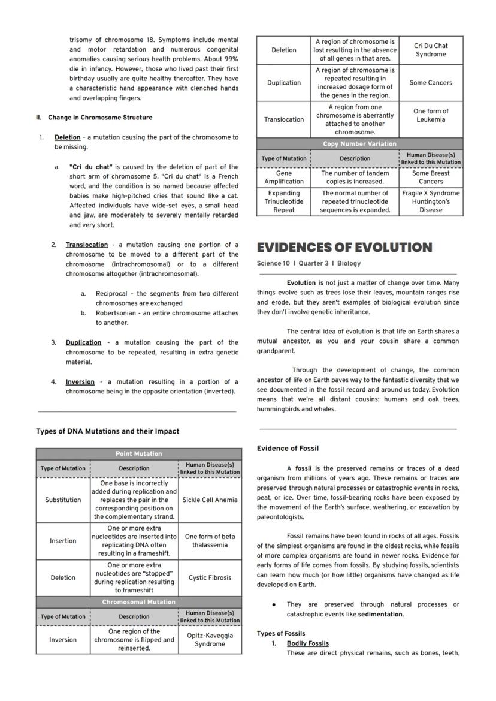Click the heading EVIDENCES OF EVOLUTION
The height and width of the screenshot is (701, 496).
(344, 248)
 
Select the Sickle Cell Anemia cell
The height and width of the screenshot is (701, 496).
(210, 500)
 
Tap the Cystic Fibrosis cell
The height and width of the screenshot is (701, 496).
(210, 578)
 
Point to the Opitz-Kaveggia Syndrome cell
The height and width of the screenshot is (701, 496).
(210, 640)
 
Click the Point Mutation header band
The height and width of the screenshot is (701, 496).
(139, 454)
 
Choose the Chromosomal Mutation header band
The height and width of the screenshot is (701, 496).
(139, 602)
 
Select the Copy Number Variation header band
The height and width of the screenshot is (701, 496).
(359, 144)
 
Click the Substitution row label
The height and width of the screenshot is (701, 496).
(63, 500)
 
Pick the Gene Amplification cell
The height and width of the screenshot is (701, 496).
(283, 177)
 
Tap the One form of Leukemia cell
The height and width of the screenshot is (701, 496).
(431, 115)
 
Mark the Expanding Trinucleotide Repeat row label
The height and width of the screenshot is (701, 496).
(283, 202)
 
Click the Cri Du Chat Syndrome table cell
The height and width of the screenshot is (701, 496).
(431, 50)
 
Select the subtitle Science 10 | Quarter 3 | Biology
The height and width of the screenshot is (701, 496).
(309, 263)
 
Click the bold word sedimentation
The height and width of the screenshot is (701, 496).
(380, 615)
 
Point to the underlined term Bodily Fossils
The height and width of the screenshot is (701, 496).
(307, 643)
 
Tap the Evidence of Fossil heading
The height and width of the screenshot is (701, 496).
(288, 449)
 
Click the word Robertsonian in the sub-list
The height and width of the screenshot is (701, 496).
(116, 313)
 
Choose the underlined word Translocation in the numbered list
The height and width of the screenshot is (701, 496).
(87, 245)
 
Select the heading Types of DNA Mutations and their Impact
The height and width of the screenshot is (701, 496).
(107, 431)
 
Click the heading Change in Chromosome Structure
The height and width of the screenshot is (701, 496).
(100, 118)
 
